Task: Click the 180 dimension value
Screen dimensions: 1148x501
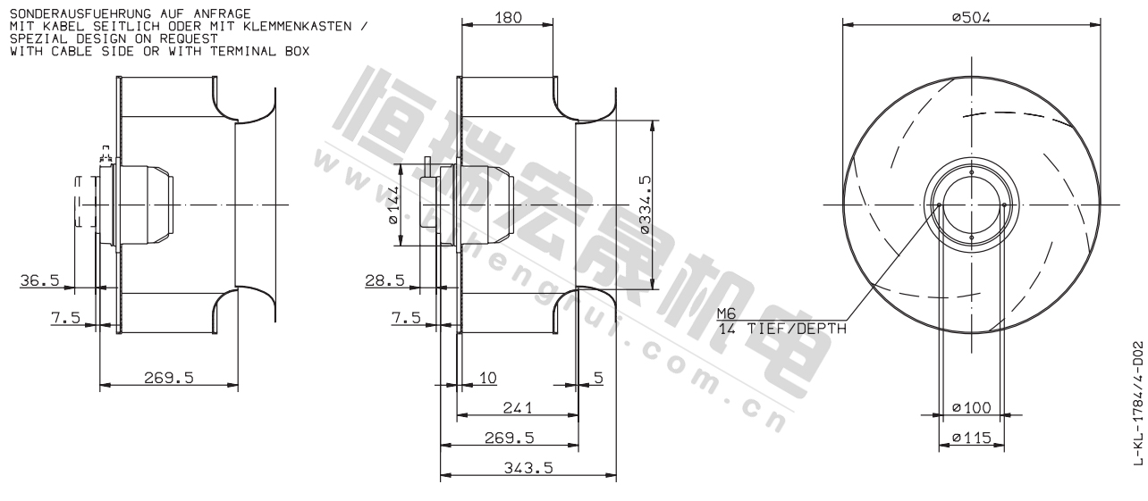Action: (508, 17)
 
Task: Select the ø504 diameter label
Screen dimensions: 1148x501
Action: (971, 17)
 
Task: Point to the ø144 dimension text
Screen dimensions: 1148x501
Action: (393, 205)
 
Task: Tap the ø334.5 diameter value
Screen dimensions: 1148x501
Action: (645, 205)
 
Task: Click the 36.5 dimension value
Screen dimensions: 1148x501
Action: (39, 280)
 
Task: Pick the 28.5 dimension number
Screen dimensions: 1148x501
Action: (384, 280)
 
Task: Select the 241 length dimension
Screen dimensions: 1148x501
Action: (518, 407)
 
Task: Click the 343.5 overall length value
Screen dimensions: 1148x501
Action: (528, 468)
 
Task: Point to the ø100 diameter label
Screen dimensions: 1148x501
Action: (972, 407)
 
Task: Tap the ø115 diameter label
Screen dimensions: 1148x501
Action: (972, 438)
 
